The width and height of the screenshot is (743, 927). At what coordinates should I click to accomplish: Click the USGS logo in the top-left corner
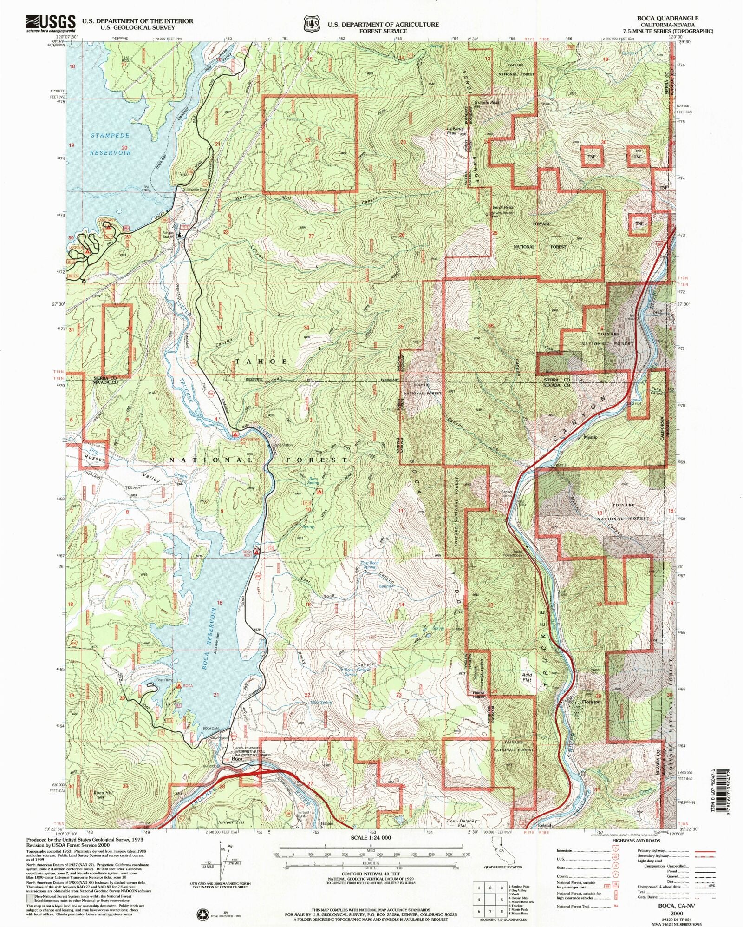[51, 23]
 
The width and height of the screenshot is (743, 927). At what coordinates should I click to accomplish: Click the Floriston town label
[591, 702]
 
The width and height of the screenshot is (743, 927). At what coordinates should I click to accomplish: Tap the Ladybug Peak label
[455, 131]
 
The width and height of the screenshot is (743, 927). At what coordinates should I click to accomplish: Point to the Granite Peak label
[487, 102]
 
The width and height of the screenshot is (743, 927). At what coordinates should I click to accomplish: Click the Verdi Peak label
[502, 208]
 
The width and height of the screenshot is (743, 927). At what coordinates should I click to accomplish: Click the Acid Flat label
[527, 677]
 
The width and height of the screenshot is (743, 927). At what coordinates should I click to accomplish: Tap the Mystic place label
[590, 437]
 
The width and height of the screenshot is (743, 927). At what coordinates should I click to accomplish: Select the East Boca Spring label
[370, 565]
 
